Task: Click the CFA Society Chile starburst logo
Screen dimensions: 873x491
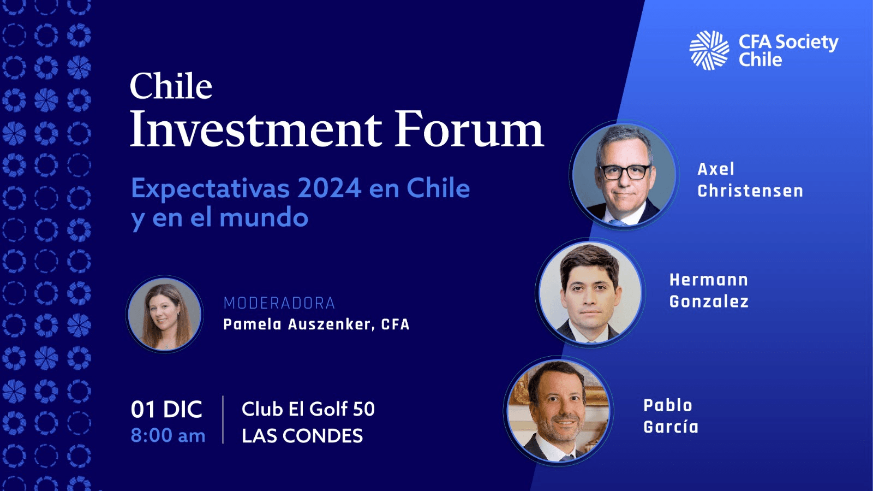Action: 709,50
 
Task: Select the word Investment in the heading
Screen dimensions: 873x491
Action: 256,128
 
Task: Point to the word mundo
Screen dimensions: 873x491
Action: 264,217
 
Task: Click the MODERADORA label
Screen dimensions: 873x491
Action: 279,303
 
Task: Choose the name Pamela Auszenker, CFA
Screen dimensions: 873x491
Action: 316,324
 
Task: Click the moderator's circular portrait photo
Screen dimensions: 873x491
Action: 164,315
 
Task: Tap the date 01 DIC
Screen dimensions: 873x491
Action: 166,410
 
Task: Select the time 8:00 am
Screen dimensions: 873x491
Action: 168,435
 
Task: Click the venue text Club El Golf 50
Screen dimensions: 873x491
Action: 308,409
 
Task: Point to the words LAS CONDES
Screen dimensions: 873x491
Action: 302,436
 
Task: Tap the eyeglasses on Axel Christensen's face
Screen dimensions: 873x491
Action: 625,172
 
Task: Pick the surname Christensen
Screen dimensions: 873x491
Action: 750,191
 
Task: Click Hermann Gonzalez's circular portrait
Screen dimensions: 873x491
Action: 590,293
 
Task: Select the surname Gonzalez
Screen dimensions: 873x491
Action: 709,301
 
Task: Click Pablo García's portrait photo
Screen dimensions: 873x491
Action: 559,411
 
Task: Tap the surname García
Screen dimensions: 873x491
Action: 671,427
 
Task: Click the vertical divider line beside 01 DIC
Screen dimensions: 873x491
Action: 223,419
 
